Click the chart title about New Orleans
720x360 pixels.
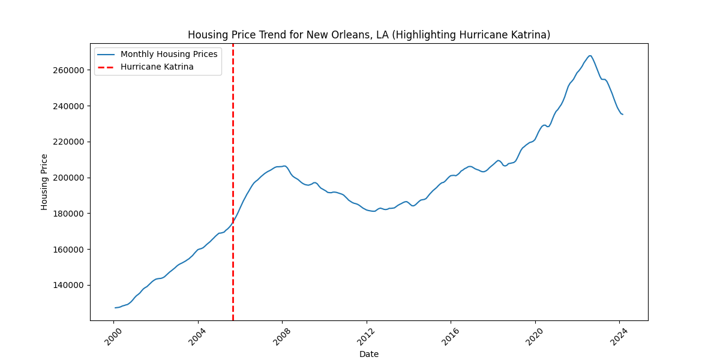click(x=368, y=35)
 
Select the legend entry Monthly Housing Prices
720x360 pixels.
click(x=169, y=54)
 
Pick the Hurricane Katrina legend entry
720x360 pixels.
click(x=157, y=67)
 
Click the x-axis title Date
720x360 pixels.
click(x=368, y=354)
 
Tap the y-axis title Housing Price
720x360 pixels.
click(x=44, y=182)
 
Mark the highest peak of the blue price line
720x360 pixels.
click(x=590, y=56)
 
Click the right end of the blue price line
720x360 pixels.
click(x=623, y=114)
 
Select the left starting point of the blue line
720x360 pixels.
click(x=115, y=308)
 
